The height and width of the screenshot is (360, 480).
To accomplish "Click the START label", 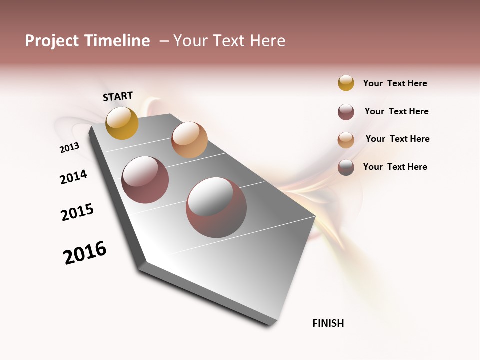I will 118,96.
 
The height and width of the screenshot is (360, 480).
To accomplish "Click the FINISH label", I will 328,323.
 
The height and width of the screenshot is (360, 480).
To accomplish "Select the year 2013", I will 69,148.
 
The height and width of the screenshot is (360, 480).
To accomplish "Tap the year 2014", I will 73,177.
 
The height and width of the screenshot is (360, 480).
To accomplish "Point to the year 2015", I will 77,212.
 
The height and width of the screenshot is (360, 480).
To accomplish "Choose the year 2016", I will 85,253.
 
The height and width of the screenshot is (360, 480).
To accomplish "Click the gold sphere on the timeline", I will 122,123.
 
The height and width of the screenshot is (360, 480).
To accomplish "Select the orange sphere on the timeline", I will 189,140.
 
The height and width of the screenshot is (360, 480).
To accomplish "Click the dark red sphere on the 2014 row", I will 145,180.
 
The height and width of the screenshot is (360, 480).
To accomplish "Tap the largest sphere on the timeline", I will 216,207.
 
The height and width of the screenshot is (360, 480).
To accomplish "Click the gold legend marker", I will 346,83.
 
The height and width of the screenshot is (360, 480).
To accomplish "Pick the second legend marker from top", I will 346,112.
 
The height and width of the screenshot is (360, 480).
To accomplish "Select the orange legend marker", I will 346,140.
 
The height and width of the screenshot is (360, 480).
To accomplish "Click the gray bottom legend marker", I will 346,168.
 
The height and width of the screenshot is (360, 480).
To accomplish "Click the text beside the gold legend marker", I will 395,83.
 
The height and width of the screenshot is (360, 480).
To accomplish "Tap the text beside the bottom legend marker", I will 395,167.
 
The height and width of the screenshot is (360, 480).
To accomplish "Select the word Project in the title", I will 52,41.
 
